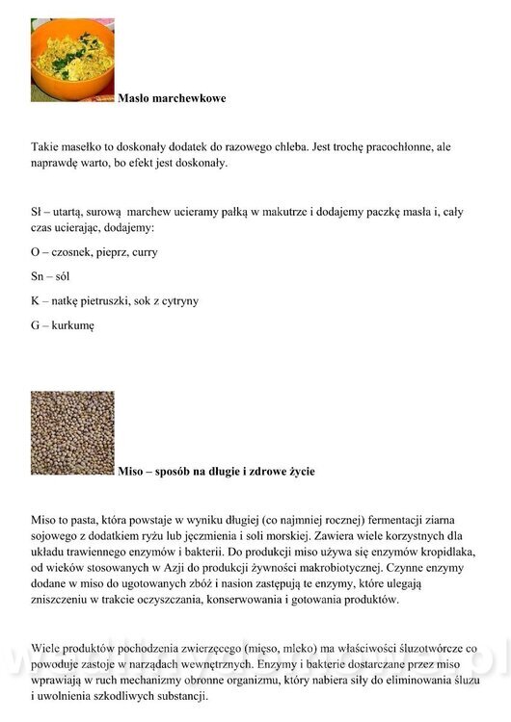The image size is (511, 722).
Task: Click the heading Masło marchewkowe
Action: tap(172, 98)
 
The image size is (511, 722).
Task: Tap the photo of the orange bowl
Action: tap(72, 60)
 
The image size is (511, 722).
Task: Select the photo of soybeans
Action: tap(72, 432)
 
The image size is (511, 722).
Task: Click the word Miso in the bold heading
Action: tap(131, 472)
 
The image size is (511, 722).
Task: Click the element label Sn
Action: tap(38, 277)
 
